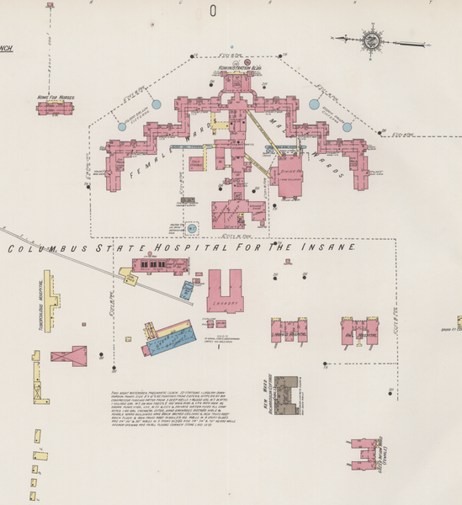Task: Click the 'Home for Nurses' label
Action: click(x=56, y=98)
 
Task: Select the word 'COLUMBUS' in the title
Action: click(x=41, y=249)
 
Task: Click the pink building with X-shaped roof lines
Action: click(x=68, y=356)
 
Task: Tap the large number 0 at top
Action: click(x=214, y=11)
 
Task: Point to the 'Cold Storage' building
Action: click(x=198, y=161)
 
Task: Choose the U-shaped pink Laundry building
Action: click(x=224, y=290)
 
